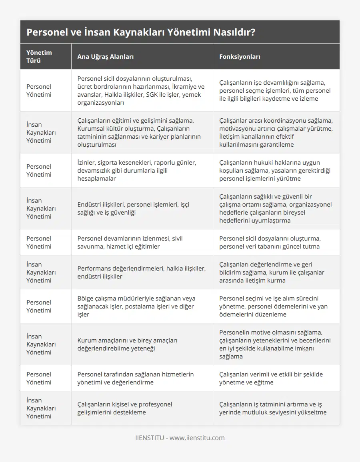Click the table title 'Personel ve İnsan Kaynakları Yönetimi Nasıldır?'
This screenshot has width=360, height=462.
[x=141, y=32]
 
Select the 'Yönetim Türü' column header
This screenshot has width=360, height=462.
[x=39, y=56]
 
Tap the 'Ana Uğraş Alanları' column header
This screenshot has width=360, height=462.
[x=106, y=56]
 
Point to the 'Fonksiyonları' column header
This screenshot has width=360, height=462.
[x=240, y=56]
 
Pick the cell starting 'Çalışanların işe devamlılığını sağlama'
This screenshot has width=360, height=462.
[x=276, y=90]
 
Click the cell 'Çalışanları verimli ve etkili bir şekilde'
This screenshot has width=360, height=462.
[x=276, y=378]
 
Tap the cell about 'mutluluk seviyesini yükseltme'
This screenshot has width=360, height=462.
[x=276, y=408]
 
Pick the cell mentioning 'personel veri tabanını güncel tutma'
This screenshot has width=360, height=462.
[x=276, y=242]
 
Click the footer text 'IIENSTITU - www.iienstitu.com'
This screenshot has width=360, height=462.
[x=180, y=438]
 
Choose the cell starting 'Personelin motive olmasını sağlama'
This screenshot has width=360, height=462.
[x=276, y=344]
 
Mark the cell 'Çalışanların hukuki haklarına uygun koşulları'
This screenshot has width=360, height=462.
[x=276, y=170]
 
